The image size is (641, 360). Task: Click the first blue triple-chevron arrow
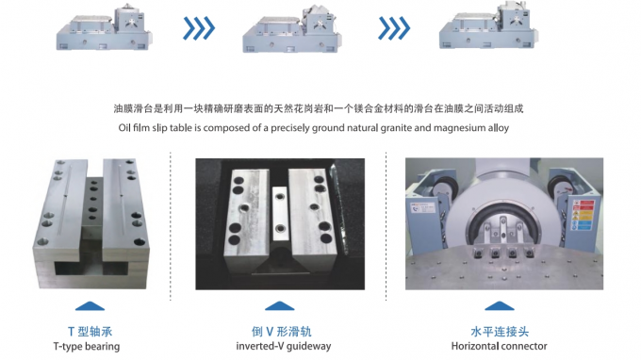click(199, 28)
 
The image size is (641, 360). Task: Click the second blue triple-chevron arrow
click(394, 28)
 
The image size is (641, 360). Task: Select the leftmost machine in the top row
click(105, 28)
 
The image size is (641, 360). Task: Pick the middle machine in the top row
click(292, 29)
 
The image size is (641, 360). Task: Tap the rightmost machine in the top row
click(488, 27)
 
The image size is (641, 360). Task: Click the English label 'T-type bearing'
click(87, 347)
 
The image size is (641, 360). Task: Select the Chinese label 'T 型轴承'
click(90, 332)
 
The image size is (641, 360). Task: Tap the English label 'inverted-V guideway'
click(284, 346)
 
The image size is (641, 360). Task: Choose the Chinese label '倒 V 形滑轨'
click(282, 332)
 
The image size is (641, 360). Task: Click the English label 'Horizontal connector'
click(500, 346)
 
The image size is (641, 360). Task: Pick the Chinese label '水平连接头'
click(500, 332)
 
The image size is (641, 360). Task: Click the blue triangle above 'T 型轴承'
click(90, 306)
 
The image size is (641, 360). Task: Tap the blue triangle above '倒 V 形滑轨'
click(280, 306)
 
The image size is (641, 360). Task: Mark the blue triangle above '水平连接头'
click(500, 306)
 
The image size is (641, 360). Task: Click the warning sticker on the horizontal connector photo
click(583, 214)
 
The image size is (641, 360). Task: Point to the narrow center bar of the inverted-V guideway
click(280, 214)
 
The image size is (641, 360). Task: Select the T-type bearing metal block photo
click(91, 224)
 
